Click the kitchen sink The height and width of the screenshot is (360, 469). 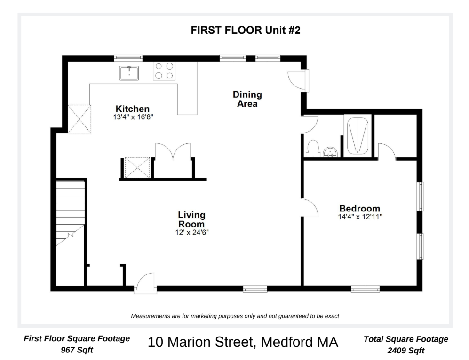(129, 73)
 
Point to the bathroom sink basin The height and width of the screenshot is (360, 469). (331, 152)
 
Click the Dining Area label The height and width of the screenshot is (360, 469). (247, 99)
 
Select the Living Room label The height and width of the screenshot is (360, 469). (191, 219)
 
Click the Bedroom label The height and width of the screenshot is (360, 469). (360, 209)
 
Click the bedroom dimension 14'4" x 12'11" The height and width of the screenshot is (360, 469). (360, 217)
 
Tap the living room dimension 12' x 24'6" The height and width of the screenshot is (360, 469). (191, 232)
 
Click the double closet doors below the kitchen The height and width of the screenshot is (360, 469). (173, 153)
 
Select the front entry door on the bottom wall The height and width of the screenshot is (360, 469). (145, 283)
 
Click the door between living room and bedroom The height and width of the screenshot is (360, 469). (309, 207)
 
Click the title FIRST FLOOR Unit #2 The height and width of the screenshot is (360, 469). (245, 31)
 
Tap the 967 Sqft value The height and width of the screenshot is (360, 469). (77, 350)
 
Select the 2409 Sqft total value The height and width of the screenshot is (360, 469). (405, 350)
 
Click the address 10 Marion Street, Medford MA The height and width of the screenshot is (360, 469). (243, 342)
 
